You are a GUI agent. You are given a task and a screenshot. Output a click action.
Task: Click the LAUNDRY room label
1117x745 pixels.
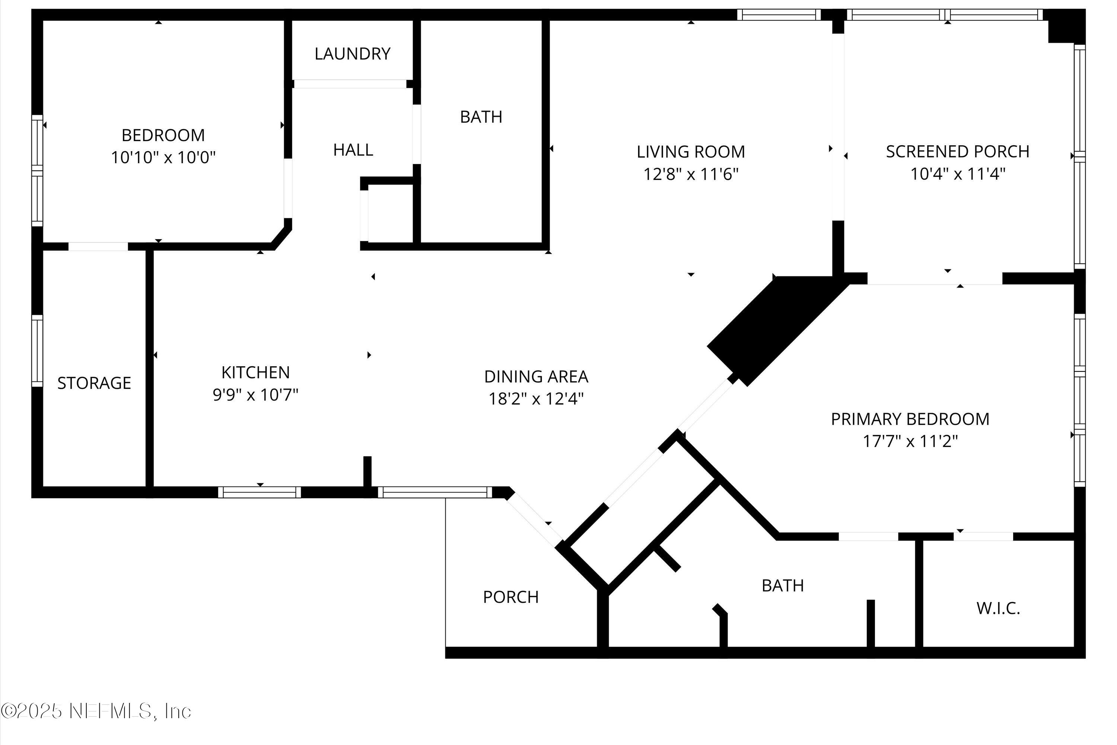(x=352, y=54)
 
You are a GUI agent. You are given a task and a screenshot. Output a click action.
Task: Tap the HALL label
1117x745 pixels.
(x=353, y=150)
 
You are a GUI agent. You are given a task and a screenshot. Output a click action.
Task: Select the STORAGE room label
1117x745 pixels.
(x=94, y=383)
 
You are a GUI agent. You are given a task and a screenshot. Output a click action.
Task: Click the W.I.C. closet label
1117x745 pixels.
(x=998, y=608)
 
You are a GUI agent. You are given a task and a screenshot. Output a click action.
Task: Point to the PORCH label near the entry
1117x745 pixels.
(x=510, y=597)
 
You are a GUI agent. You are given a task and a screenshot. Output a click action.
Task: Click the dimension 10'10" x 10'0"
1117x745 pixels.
(x=163, y=157)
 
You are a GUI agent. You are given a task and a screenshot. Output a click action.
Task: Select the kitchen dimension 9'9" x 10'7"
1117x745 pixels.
(x=255, y=395)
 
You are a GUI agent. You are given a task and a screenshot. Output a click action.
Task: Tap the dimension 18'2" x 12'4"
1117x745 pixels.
(x=536, y=399)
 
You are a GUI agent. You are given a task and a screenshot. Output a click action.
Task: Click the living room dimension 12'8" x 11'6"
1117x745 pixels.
(x=691, y=174)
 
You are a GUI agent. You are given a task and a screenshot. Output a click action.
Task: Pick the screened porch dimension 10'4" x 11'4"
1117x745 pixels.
(x=957, y=174)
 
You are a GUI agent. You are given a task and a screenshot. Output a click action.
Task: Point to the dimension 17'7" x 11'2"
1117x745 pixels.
(x=910, y=441)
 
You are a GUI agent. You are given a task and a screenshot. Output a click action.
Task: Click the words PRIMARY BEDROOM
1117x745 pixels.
(x=910, y=419)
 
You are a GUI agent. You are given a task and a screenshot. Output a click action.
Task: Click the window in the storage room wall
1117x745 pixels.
(x=37, y=351)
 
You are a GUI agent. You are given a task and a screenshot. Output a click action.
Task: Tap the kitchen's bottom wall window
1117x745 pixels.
(x=259, y=492)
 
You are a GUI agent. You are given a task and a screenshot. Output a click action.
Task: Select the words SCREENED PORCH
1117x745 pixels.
(x=957, y=152)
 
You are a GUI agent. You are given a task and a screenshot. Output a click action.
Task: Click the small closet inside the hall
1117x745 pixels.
(x=389, y=214)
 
